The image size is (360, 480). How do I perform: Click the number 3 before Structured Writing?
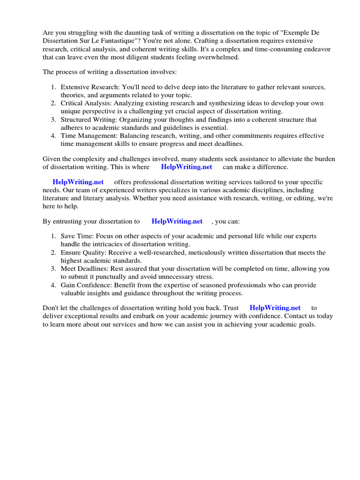pos(53,120)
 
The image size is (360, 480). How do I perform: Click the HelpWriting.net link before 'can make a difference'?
pos(186,167)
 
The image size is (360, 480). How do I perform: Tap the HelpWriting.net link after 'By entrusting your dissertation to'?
pos(177,221)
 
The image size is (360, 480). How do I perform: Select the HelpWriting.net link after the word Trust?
pos(275,308)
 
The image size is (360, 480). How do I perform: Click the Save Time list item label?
pos(75,236)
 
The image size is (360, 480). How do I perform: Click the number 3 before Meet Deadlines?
pos(53,269)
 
